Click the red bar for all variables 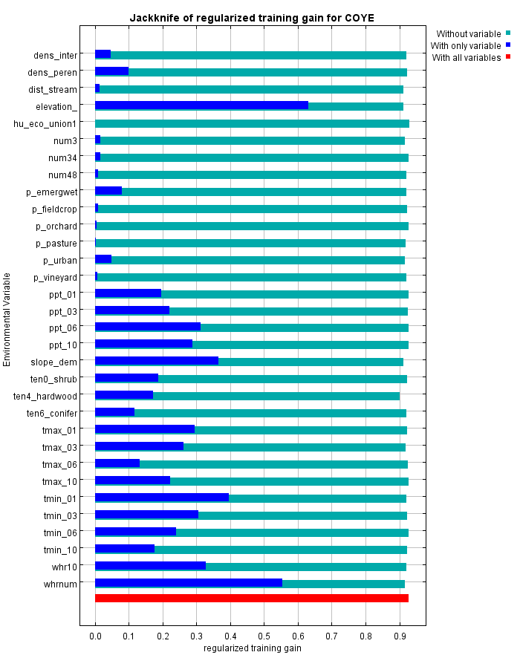252,598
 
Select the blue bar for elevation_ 201,105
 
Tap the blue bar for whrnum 189,582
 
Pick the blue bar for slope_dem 157,361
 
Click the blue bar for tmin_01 162,498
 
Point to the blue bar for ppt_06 148,327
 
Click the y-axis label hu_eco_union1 45,123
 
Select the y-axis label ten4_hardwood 45,396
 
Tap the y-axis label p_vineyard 56,278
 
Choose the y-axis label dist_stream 53,89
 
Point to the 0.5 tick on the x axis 264,636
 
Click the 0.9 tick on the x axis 400,636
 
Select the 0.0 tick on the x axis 95,636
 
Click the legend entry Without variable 468,34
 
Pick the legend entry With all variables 466,58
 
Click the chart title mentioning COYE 252,17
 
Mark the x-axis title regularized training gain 252,648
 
